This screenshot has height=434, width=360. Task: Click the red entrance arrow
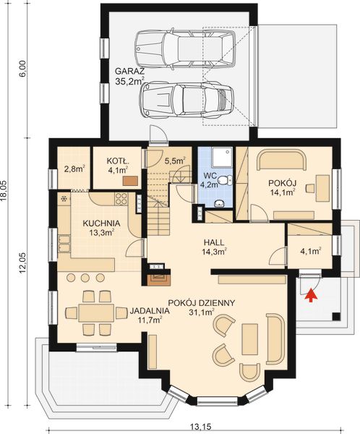(311, 294)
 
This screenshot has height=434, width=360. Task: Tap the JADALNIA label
(150, 311)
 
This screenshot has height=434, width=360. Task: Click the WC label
(210, 176)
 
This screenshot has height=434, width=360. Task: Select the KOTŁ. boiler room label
(117, 161)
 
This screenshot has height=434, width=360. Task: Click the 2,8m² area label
(74, 169)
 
